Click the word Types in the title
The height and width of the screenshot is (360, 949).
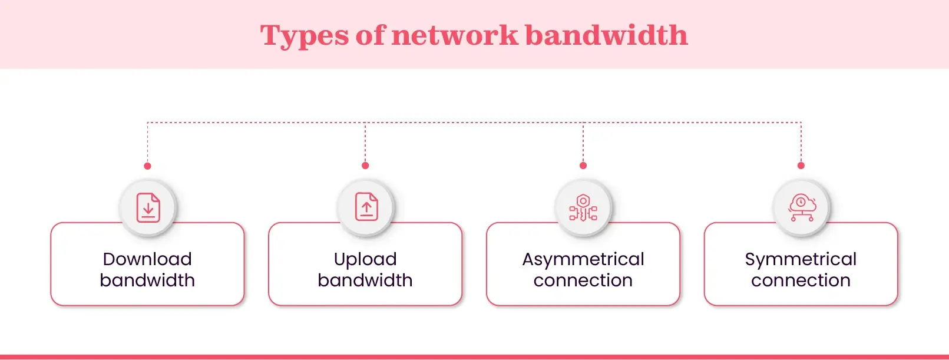tap(305, 36)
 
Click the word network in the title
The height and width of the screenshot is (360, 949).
tap(454, 35)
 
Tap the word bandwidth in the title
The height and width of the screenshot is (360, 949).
tap(606, 35)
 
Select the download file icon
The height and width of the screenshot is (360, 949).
tap(148, 208)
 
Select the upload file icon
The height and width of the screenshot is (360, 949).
tap(366, 207)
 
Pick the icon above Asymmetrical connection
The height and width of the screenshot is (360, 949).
tap(583, 208)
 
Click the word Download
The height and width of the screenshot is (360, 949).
tap(147, 259)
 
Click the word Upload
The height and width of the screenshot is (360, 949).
tap(365, 259)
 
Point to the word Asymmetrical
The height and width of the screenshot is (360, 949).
tap(583, 260)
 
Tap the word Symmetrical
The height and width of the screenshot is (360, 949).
tap(801, 260)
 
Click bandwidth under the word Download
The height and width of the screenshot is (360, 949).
tap(147, 280)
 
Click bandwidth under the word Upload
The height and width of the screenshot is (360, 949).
tap(365, 280)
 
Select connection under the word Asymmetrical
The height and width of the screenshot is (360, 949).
tap(583, 280)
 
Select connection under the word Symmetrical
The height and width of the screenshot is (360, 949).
tap(801, 280)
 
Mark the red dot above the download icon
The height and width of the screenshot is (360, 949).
tap(148, 166)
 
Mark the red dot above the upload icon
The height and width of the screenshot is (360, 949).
tap(365, 166)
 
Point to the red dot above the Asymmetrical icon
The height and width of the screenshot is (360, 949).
tap(583, 166)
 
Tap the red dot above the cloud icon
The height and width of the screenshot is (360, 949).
tap(801, 166)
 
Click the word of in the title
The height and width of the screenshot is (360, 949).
tap(370, 35)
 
